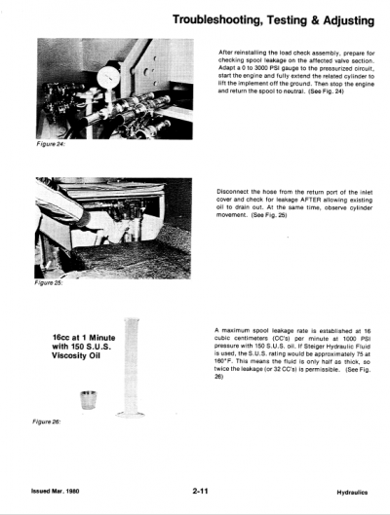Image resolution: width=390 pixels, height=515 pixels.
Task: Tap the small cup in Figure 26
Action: tap(87, 400)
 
